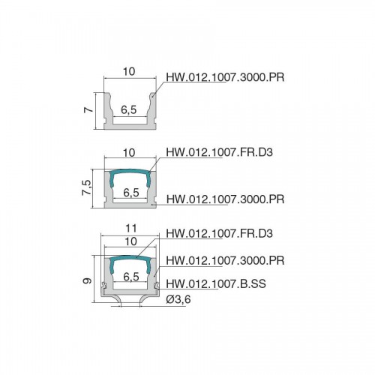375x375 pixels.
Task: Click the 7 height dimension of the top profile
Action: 88,109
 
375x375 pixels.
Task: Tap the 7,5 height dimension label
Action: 87,187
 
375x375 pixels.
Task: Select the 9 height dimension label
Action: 87,281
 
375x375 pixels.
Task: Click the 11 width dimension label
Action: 131,228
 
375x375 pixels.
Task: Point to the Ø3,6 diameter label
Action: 178,299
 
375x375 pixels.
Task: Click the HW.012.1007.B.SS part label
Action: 216,283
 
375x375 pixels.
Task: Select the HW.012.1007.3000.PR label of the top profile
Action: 225,77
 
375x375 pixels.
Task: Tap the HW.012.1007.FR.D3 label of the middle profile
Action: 219,152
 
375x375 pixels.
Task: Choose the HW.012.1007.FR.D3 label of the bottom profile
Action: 219,233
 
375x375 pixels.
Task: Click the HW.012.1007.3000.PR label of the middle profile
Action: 225,199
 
